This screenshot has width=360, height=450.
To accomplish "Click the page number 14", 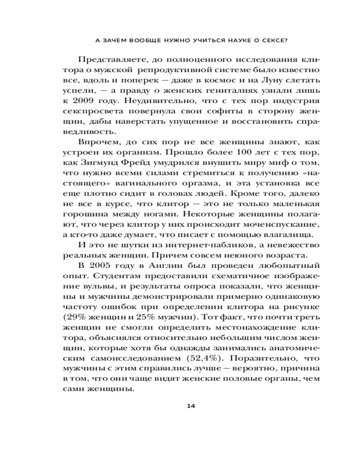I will pyautogui.click(x=191, y=406).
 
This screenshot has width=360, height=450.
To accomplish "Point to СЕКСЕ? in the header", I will pyautogui.click(x=274, y=39).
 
